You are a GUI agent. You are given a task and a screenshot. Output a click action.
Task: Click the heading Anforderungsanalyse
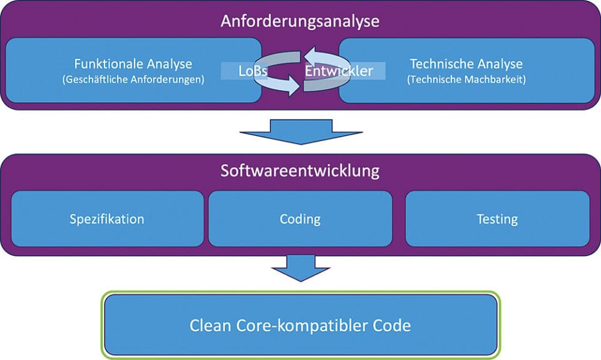point(300,21)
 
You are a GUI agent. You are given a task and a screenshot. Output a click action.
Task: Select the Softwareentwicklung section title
point(300,170)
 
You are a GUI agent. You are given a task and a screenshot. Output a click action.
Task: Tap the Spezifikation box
point(107,219)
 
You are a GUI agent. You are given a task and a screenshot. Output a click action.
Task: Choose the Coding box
point(300,219)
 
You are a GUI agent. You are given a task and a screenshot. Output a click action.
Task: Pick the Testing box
point(497,219)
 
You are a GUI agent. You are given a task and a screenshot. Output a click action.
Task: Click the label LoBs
point(253,71)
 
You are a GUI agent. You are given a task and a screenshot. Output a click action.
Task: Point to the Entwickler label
point(339,71)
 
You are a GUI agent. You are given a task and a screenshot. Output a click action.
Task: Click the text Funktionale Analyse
point(133,64)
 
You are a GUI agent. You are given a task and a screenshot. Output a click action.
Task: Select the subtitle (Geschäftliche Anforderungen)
point(133,80)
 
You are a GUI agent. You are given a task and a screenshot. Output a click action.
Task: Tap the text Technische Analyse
point(466,64)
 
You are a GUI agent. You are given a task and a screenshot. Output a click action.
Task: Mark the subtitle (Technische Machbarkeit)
point(466,80)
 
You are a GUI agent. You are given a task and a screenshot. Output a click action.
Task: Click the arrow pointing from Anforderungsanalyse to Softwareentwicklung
point(300,130)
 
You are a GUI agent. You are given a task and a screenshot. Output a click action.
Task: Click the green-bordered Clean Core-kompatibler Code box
point(300,326)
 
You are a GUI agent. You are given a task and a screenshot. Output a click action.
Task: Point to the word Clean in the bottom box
point(209,326)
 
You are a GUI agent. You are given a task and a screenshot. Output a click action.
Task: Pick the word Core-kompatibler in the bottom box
point(302,326)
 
